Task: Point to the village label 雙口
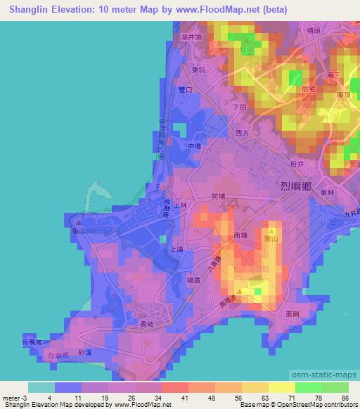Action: click(x=186, y=90)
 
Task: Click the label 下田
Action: click(x=240, y=108)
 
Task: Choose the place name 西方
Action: click(x=243, y=131)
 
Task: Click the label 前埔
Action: click(x=218, y=197)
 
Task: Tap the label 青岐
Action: click(x=147, y=325)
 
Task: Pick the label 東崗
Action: click(x=293, y=313)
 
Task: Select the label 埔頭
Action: click(x=314, y=30)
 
